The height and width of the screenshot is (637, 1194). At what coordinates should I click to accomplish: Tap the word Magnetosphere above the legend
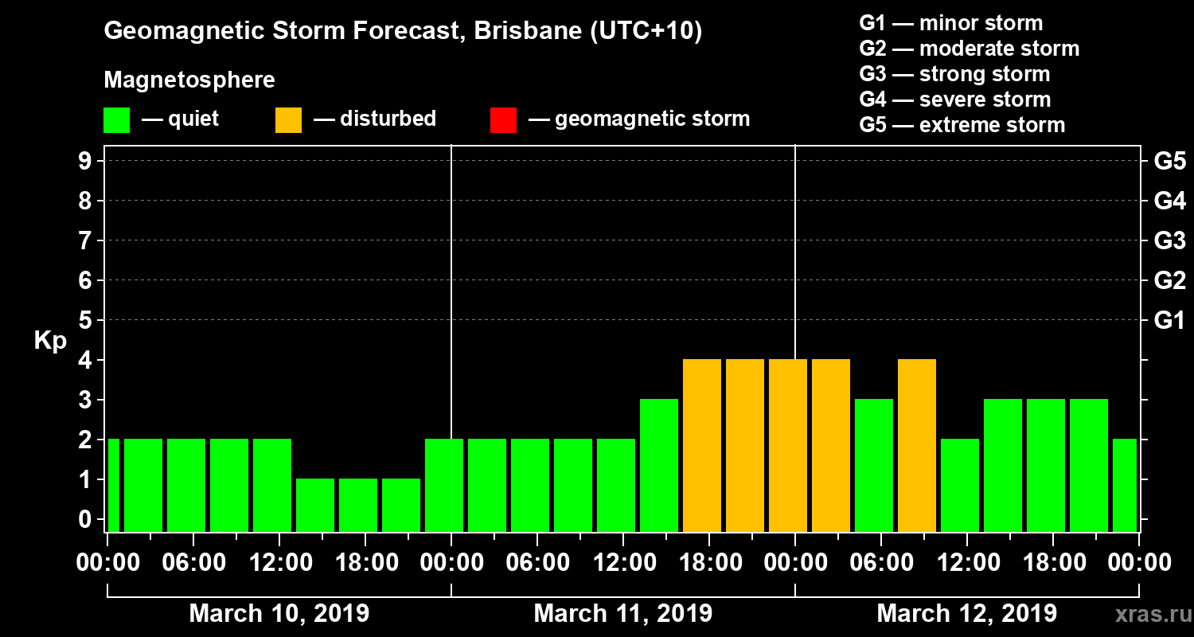(189, 80)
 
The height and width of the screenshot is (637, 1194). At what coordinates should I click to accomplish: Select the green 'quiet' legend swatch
(116, 119)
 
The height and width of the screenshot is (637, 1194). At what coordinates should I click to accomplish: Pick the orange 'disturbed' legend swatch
(288, 119)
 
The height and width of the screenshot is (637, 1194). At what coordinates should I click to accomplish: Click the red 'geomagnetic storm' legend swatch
(503, 119)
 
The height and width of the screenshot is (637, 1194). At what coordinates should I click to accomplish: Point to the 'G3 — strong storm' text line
(954, 74)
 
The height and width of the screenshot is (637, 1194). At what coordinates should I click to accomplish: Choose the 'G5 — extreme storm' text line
(962, 125)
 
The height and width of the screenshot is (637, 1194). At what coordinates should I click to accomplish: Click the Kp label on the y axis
(50, 340)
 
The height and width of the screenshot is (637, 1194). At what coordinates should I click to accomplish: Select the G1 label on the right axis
(1169, 320)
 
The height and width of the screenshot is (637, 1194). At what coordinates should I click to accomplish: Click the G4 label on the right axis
(1169, 201)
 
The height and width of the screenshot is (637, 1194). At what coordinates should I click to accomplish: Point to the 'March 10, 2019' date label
(279, 614)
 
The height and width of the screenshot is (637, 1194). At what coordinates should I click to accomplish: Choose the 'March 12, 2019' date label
(966, 614)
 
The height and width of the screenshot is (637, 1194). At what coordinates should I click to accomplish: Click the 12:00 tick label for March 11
(623, 563)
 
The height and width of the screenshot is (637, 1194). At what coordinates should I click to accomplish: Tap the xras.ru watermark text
(1147, 615)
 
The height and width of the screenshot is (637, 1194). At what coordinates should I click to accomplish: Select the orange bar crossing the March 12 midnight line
(788, 446)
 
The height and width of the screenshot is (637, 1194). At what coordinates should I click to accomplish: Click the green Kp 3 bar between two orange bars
(874, 466)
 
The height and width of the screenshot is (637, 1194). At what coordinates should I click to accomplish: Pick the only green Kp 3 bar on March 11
(659, 466)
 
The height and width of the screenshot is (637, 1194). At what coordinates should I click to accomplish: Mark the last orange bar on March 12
(917, 446)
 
